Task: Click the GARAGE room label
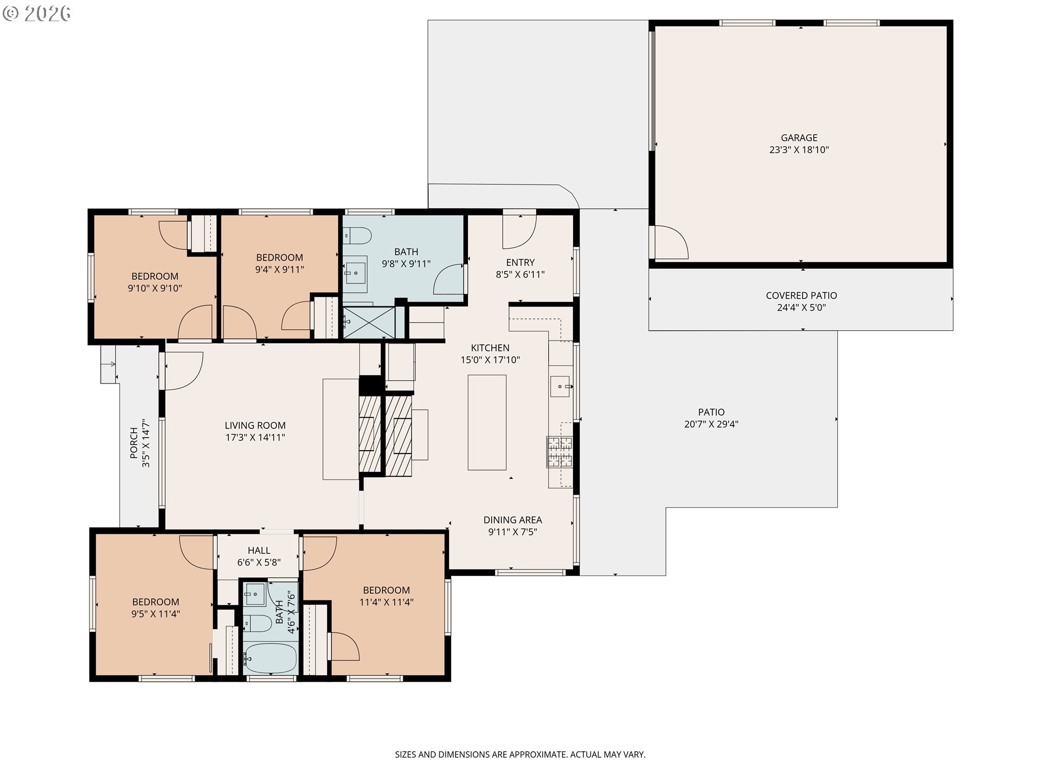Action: point(799,138)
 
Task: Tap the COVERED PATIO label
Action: point(801,296)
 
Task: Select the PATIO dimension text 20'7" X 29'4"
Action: point(711,424)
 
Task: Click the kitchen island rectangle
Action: point(487,422)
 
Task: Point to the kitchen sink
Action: point(561,387)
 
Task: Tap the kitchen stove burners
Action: point(559,452)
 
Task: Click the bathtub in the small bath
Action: point(269,658)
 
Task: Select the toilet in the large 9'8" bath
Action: point(357,236)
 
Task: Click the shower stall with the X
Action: point(370,323)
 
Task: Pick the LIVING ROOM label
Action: point(255,426)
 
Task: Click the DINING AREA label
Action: point(512,520)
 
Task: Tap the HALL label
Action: point(259,550)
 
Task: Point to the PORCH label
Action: point(133,443)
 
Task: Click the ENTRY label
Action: point(520,263)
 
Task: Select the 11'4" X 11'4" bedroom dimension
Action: point(386,602)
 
